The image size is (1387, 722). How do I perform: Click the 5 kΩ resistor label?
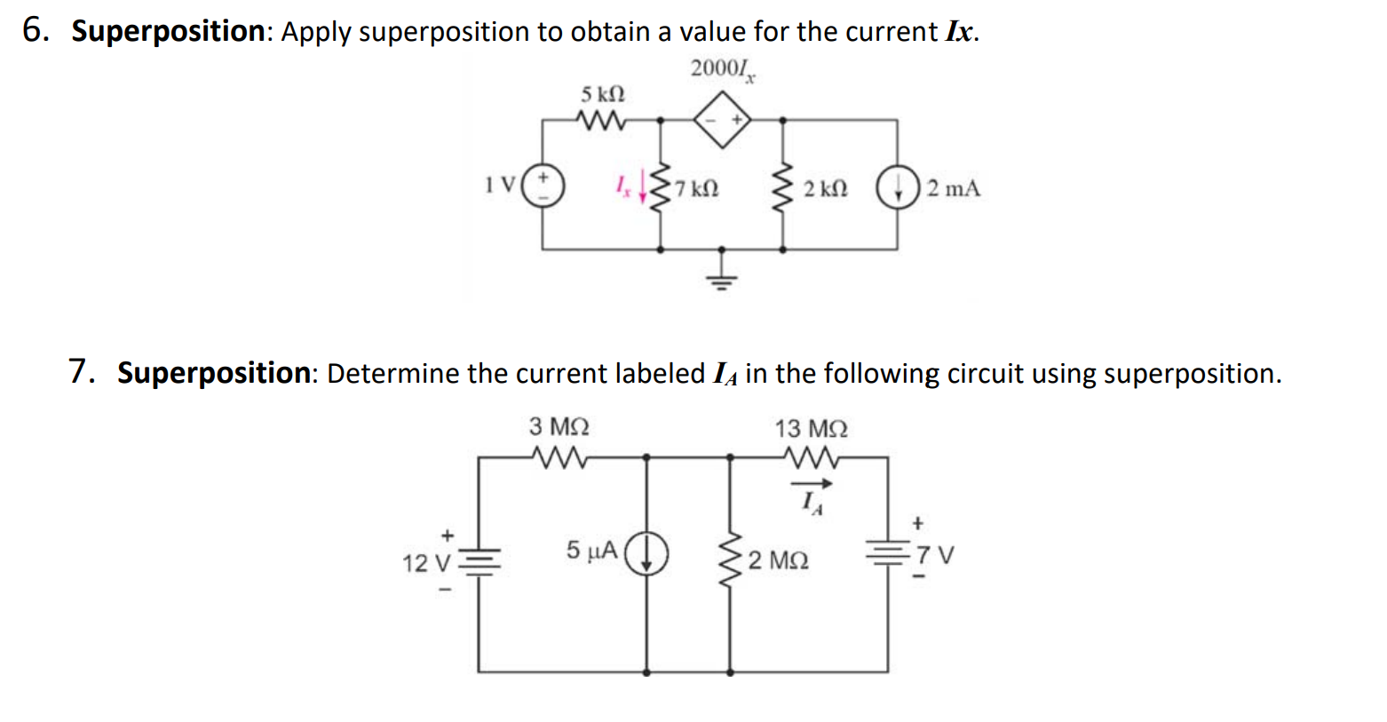[x=603, y=94]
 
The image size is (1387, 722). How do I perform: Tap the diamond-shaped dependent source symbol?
[x=722, y=120]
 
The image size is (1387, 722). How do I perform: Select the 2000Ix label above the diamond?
[x=722, y=69]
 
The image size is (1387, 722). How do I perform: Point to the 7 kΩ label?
[x=697, y=189]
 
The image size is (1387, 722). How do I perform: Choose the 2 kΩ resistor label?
[x=825, y=189]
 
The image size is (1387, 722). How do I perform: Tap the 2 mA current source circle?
[x=897, y=188]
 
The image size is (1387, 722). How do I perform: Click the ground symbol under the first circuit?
[x=722, y=280]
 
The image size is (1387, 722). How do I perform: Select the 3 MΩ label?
[x=559, y=427]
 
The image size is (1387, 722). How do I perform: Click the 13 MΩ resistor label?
[x=811, y=429]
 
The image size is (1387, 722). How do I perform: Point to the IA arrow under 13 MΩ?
[x=812, y=484]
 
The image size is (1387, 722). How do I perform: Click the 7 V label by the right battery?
[x=936, y=556]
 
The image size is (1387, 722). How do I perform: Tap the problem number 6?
[x=33, y=31]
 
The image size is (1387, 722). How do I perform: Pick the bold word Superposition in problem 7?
[x=213, y=373]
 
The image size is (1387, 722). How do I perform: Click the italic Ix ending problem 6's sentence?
[x=961, y=32]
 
